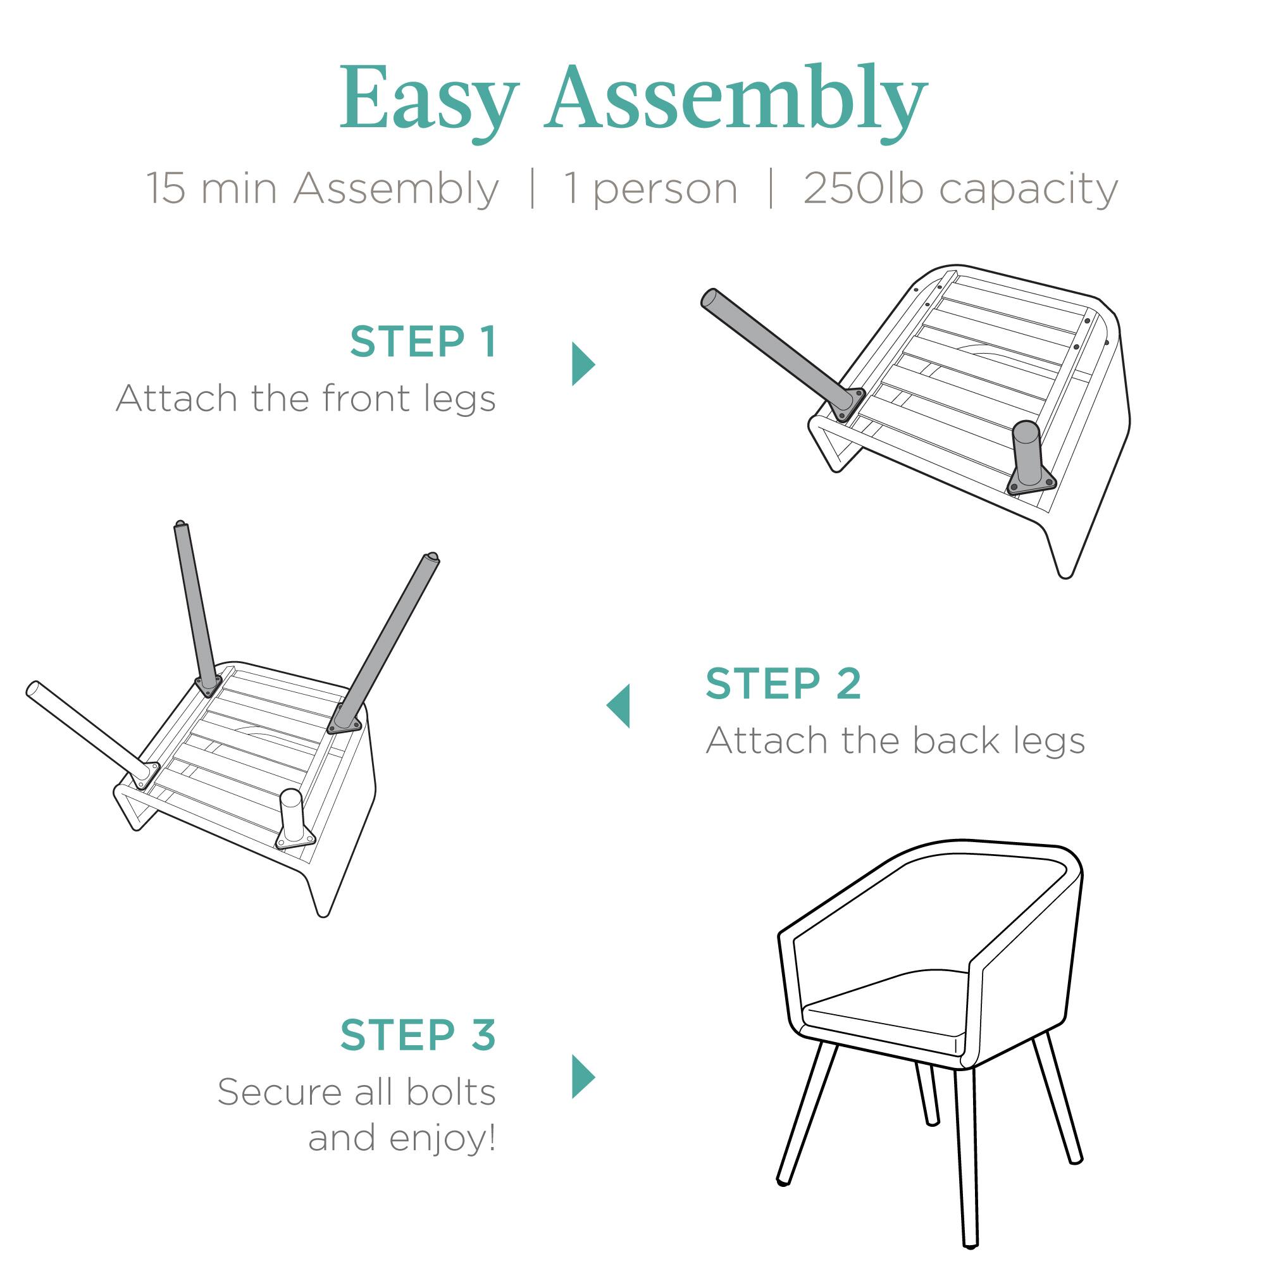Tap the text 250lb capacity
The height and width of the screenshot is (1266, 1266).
tap(960, 189)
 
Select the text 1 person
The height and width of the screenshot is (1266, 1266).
tap(650, 189)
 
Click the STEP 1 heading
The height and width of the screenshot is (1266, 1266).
tap(423, 342)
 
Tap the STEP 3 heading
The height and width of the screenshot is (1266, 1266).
tap(418, 1036)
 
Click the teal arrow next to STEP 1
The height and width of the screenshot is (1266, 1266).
tap(583, 364)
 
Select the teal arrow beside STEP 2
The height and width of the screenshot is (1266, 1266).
tap(619, 705)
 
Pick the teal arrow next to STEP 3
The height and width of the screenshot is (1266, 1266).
tap(583, 1077)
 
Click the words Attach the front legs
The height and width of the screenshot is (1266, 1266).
tap(306, 399)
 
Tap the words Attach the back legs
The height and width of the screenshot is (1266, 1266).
tap(895, 741)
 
